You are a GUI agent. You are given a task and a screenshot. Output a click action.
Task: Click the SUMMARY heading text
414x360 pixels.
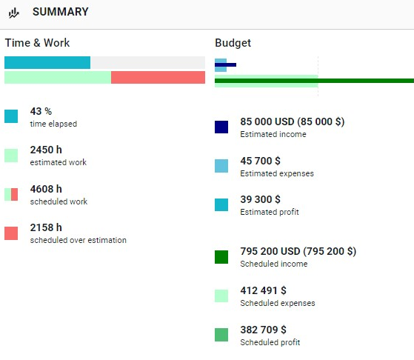point(61,12)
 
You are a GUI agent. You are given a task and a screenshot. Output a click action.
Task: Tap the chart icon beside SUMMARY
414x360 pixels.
point(14,13)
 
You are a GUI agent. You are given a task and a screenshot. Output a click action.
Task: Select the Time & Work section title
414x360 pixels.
point(37,43)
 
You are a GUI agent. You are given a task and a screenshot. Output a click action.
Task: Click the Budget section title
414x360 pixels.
point(233,43)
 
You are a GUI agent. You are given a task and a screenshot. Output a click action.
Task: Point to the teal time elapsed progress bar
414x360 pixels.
point(47,63)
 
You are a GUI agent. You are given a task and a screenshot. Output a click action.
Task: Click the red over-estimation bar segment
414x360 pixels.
point(158,77)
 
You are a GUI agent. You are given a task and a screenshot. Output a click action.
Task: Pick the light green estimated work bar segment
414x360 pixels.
point(58,77)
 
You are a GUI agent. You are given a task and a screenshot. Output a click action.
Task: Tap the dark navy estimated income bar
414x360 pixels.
point(225,64)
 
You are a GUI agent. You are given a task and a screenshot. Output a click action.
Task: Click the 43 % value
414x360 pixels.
point(41,111)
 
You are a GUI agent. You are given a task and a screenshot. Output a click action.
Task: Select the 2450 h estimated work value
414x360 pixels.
point(46,150)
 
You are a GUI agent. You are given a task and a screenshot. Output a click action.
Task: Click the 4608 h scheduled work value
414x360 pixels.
point(46,189)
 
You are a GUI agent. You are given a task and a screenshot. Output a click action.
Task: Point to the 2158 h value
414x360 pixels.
point(46,227)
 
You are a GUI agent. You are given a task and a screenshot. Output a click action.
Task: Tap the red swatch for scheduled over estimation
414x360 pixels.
point(11,233)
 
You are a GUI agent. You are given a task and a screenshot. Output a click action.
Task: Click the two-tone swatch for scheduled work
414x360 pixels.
point(11,194)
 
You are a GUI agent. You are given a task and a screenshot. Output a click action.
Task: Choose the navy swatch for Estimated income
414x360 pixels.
point(221,127)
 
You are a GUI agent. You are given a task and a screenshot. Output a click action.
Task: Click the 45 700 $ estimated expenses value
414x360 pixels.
point(261,161)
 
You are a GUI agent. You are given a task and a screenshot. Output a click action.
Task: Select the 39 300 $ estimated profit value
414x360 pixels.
point(261,199)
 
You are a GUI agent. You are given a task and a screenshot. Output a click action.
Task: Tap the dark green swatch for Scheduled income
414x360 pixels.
point(221,257)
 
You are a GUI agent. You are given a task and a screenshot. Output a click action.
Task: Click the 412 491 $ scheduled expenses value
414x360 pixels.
point(263,290)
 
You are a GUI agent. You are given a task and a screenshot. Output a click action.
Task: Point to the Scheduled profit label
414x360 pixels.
point(270,342)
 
